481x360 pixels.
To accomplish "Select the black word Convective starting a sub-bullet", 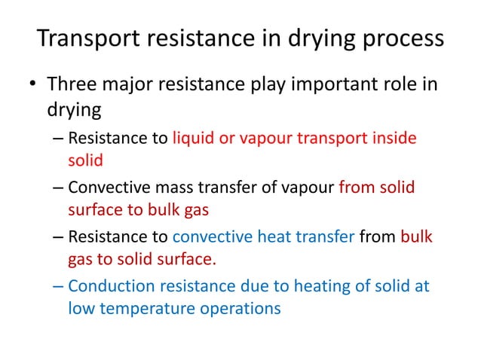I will pyautogui.click(x=103, y=188).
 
